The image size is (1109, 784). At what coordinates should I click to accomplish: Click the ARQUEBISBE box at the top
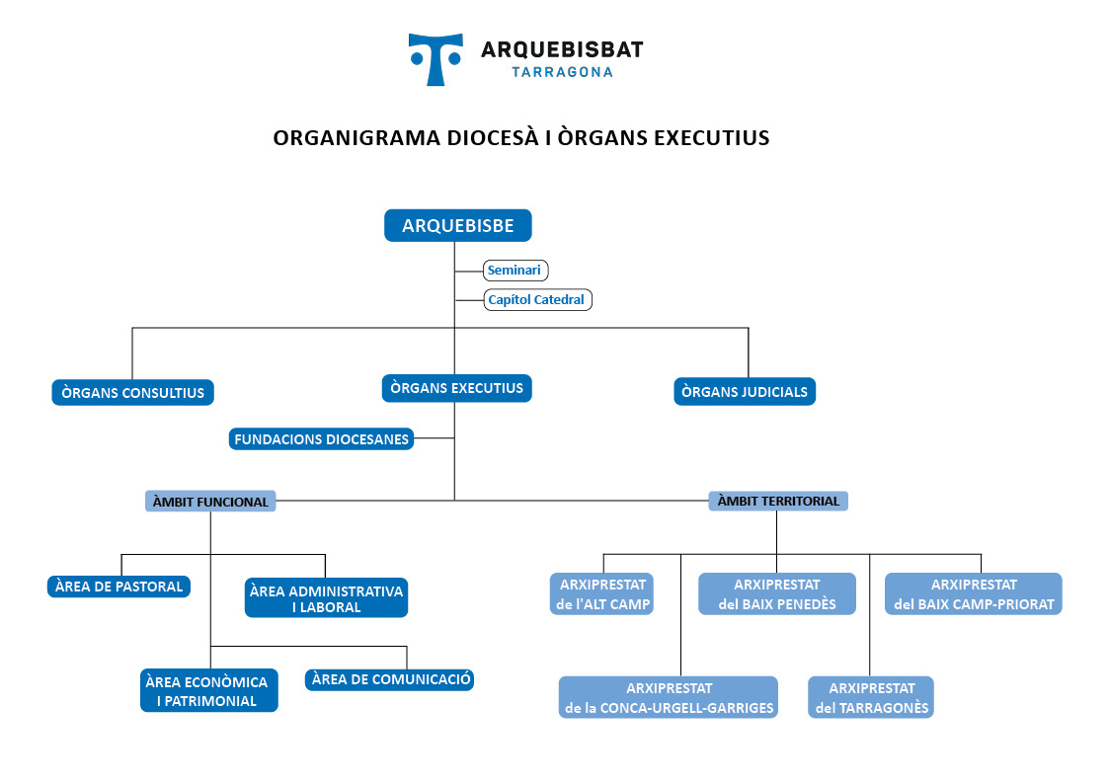tap(457, 225)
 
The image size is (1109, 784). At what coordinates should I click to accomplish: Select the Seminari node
tap(515, 270)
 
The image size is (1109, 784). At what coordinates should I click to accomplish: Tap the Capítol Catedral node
tap(537, 300)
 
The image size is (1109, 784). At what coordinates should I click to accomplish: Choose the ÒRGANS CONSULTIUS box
tap(133, 392)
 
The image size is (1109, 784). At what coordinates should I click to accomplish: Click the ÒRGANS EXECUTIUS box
tap(457, 388)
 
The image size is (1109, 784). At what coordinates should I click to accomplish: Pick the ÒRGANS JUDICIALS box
tap(745, 392)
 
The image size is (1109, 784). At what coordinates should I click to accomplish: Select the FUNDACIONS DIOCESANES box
tap(321, 439)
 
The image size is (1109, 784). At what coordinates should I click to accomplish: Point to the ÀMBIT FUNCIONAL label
tap(210, 502)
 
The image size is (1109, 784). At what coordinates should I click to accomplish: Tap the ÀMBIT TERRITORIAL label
tap(778, 501)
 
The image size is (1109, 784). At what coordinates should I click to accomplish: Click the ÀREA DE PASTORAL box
tap(119, 587)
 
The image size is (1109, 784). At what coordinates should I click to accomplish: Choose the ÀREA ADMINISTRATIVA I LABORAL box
tap(326, 598)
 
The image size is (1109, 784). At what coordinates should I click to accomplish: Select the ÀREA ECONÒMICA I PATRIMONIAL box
tap(208, 690)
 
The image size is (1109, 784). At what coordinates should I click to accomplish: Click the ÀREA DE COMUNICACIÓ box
tap(390, 679)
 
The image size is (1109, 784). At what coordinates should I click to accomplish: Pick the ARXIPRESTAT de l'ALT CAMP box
tap(601, 593)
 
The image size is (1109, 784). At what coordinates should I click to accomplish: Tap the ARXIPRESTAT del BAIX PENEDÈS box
tap(777, 593)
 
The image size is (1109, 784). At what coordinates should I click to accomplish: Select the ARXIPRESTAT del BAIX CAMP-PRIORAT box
tap(974, 593)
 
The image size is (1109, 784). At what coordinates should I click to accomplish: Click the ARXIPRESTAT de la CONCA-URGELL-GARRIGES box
tap(669, 698)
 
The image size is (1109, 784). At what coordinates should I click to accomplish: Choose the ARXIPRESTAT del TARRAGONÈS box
tap(871, 698)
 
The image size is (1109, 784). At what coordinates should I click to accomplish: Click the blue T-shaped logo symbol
tap(436, 59)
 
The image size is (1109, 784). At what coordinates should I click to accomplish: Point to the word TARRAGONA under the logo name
tap(562, 72)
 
